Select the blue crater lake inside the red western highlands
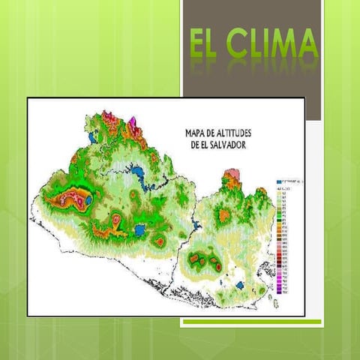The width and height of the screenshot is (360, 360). click(x=88, y=201)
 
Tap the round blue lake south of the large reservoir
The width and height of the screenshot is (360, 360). click(x=140, y=229)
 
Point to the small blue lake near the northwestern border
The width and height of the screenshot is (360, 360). click(x=91, y=139)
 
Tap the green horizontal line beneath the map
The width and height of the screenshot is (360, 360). click(x=251, y=322)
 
